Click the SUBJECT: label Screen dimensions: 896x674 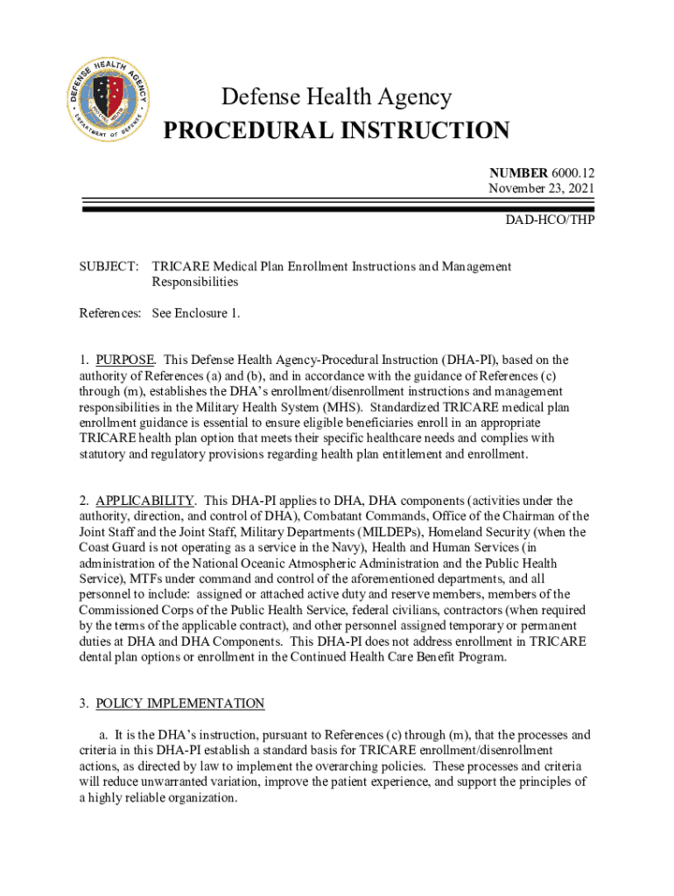108,266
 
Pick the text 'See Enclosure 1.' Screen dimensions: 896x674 196,312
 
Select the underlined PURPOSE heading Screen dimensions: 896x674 125,360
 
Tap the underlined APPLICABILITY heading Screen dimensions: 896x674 144,500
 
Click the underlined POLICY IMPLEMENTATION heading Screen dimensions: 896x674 180,703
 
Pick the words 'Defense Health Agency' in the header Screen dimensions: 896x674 337,97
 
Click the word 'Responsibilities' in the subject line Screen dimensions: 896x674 195,282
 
